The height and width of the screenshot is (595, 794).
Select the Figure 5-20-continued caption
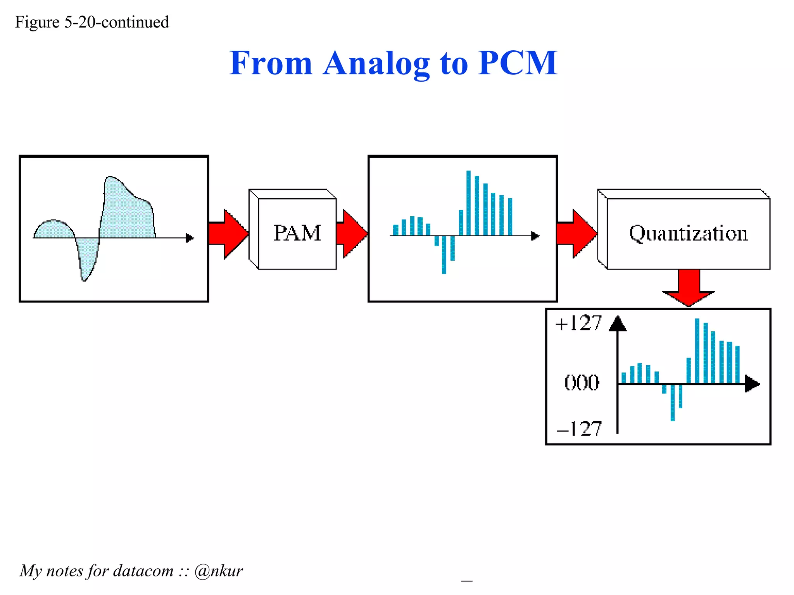point(92,22)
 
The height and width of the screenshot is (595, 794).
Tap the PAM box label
point(297,233)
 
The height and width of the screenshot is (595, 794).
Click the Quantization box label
point(688,233)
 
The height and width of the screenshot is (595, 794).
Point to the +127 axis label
point(578,323)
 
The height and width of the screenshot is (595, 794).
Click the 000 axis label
point(582,383)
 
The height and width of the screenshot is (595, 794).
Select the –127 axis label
point(579,429)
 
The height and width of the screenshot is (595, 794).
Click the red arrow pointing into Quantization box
point(577,234)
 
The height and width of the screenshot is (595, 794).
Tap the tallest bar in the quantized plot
point(697,351)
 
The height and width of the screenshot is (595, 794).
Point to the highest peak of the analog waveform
point(111,182)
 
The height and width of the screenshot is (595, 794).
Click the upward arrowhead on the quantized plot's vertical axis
point(618,324)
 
